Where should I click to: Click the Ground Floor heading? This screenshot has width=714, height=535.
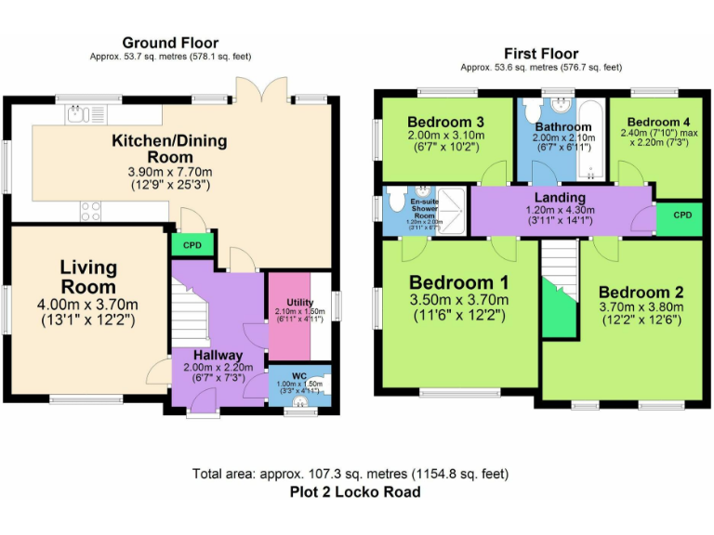(170, 43)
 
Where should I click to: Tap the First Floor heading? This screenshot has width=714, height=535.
(541, 54)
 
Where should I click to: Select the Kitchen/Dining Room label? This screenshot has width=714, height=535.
(169, 149)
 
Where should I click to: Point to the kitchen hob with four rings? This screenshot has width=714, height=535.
(91, 211)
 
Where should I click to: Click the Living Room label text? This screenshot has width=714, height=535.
(89, 277)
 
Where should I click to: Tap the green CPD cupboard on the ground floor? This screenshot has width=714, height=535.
(192, 245)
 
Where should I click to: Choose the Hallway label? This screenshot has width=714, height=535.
(218, 355)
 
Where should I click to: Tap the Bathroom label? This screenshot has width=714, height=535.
(562, 127)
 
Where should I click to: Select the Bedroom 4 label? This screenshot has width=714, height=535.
(658, 122)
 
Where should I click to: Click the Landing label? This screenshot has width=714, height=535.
(560, 197)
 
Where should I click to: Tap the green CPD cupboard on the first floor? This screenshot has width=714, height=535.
(681, 215)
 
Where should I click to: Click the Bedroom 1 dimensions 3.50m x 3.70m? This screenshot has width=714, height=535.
(458, 300)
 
